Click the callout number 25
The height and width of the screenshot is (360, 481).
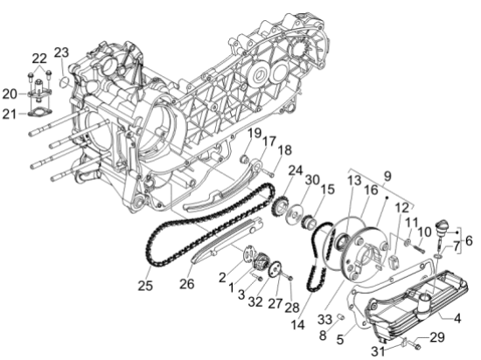145,286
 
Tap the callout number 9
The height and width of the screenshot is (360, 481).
387,176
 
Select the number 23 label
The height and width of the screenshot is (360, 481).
61,52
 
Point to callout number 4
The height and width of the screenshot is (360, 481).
457,319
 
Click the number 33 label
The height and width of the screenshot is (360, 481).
324,320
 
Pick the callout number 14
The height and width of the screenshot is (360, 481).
297,324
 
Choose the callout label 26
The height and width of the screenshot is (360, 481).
187,284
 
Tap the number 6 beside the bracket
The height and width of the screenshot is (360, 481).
469,241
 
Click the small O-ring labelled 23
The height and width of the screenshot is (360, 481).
64,81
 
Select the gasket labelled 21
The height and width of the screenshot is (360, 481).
40,113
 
